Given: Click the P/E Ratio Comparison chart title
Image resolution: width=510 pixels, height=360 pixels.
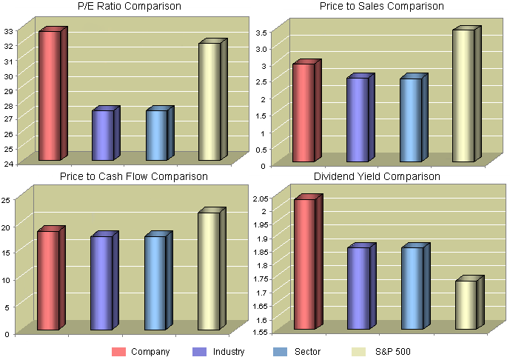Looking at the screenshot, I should (130, 7).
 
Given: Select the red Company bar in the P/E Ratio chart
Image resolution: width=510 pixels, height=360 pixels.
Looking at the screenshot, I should (50, 96).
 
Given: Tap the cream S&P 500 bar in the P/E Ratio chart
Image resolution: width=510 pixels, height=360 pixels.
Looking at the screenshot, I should (209, 101).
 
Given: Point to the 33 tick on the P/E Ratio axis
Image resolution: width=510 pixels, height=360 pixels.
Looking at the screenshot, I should (8, 32).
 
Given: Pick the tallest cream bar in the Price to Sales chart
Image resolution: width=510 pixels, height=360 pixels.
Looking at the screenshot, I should (463, 96).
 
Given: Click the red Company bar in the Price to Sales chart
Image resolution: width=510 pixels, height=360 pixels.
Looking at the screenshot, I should (303, 113).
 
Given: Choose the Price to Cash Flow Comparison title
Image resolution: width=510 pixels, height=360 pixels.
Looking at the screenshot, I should (133, 176).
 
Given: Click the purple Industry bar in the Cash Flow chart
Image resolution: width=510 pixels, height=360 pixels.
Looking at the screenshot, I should (101, 283).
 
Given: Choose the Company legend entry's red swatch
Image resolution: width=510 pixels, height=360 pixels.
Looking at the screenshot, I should (118, 352).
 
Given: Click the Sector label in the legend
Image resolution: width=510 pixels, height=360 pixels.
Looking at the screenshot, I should (307, 352).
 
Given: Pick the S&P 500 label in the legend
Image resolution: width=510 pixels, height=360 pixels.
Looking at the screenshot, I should (393, 352).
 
